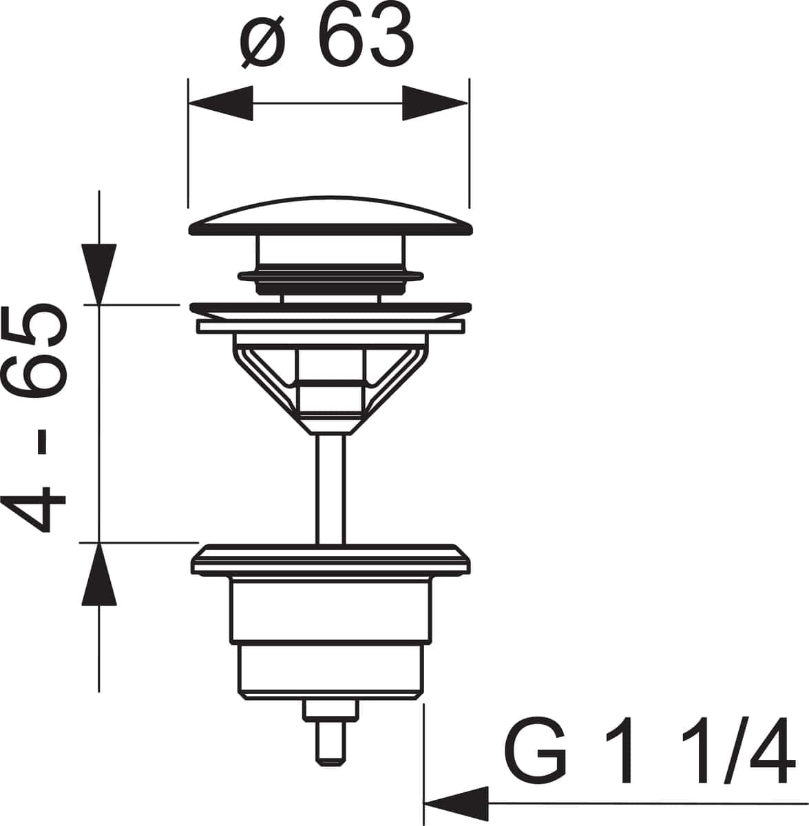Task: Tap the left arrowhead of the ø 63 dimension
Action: [220, 104]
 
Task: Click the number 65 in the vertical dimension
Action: [42, 351]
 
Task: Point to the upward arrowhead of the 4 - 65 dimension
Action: [99, 574]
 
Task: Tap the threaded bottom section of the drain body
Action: [330, 670]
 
